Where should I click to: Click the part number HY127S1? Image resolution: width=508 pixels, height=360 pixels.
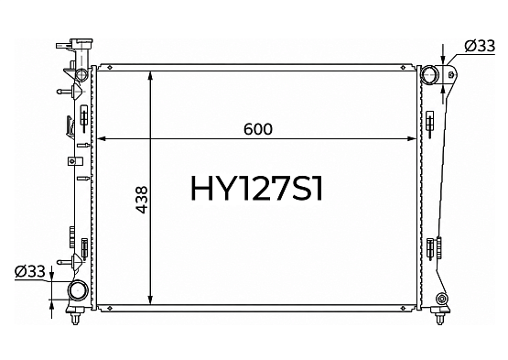[x=257, y=189]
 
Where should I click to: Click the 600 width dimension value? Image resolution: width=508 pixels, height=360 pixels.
[x=258, y=129]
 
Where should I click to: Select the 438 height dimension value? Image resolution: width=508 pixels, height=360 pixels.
[x=142, y=200]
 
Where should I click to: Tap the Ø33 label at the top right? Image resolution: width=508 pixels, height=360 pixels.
[x=480, y=46]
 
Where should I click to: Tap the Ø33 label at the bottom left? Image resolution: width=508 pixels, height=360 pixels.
[x=30, y=271]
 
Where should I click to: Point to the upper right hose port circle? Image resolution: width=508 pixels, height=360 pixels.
[x=429, y=75]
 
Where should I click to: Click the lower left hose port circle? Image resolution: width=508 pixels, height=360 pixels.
[x=78, y=290]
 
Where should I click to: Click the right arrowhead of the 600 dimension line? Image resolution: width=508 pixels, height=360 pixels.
[x=412, y=139]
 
